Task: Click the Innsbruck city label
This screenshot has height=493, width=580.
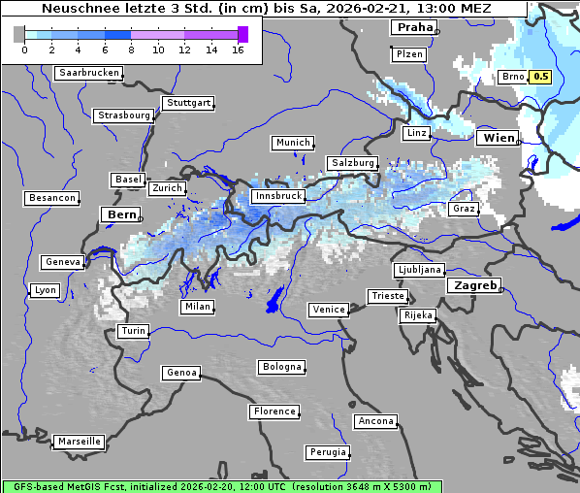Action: tap(277, 196)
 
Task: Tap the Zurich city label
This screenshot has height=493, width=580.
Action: tap(167, 188)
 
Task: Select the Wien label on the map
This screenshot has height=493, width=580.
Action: tap(499, 138)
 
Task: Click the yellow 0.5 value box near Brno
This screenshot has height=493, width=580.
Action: tap(540, 77)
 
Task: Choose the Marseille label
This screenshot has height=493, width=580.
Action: tap(79, 441)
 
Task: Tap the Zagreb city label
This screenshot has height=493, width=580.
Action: tap(474, 285)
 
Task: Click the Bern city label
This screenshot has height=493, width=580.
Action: tap(121, 214)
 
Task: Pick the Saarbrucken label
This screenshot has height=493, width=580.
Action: tap(88, 73)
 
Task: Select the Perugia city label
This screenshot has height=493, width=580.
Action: tap(327, 452)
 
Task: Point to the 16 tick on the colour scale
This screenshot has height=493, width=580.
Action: tap(238, 49)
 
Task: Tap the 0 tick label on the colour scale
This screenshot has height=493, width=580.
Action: tap(24, 49)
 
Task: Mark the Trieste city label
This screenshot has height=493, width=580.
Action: tap(387, 296)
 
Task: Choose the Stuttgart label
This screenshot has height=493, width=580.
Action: tap(188, 103)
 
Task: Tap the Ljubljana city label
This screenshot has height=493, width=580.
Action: tap(419, 270)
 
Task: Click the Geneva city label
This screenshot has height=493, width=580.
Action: tap(63, 262)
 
